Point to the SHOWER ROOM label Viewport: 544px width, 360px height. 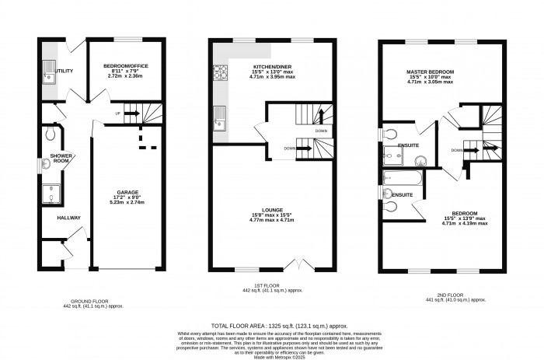(x=62, y=159)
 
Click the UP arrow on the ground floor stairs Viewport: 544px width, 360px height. (x=119, y=113)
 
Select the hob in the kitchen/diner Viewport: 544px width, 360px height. (x=219, y=73)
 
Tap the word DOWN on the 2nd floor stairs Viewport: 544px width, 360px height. (x=458, y=150)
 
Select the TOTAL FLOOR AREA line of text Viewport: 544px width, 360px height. (x=277, y=325)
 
